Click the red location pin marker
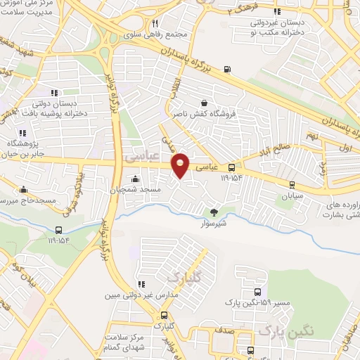[x=181, y=165]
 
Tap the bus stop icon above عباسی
[x=231, y=167]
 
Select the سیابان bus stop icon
[x=292, y=184]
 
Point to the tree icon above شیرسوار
[x=214, y=211]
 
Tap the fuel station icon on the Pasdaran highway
[x=226, y=69]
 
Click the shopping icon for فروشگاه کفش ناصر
[x=204, y=103]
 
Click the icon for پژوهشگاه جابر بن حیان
[x=22, y=132]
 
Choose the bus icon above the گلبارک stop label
[x=165, y=316]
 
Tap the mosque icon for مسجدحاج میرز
[x=25, y=189]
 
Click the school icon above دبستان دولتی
[x=53, y=93]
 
